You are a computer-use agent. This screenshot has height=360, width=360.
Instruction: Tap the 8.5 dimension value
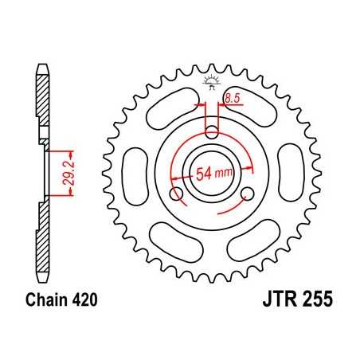(232, 98)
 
